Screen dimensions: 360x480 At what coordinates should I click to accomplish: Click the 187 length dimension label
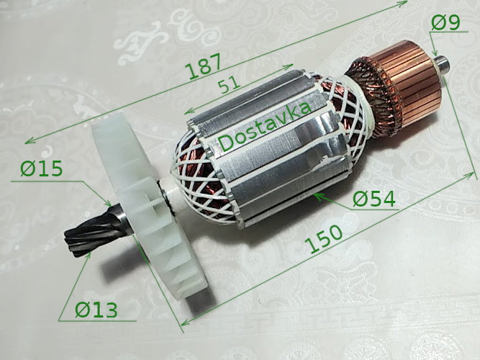(203, 69)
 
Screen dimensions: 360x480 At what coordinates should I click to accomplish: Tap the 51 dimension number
(230, 86)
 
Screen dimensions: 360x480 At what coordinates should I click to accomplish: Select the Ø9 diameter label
(445, 24)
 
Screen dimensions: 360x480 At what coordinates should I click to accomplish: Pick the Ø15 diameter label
(42, 170)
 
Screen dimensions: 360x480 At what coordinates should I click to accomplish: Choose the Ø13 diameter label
(96, 310)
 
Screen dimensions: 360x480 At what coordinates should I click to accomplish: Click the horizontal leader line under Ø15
(43, 181)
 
